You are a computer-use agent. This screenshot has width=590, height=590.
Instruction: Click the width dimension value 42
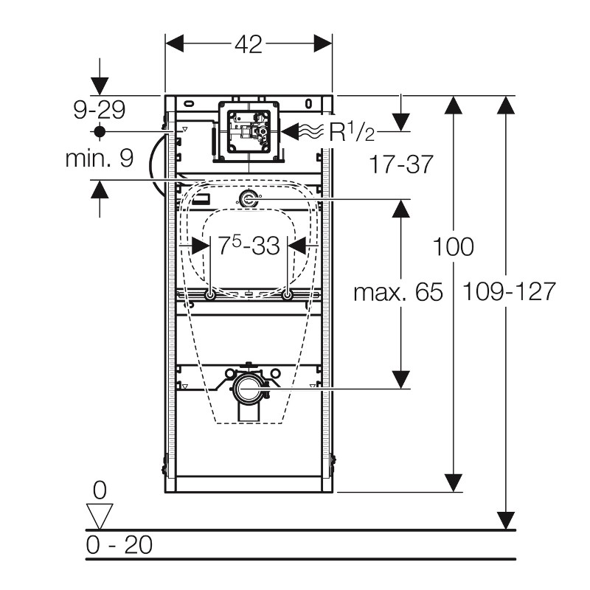[249, 44]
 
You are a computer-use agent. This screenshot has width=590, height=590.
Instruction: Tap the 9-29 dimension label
[100, 110]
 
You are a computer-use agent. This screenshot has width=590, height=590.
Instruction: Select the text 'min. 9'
[100, 158]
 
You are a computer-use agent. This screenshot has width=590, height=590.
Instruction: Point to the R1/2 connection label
[351, 133]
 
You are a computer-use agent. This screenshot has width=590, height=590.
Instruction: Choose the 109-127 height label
[509, 292]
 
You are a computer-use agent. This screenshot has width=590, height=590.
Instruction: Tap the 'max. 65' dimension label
[398, 293]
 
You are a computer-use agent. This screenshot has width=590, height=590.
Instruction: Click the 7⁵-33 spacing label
[249, 246]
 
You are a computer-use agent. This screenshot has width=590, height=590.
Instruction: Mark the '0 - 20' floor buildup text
[119, 545]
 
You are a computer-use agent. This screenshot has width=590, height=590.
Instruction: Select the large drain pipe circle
[249, 386]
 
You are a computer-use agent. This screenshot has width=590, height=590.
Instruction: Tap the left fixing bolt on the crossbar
[211, 296]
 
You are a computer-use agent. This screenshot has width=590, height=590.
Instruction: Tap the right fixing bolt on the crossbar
[288, 296]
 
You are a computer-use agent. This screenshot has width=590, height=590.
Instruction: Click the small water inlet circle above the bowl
[249, 198]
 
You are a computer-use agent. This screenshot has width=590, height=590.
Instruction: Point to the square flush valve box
[248, 130]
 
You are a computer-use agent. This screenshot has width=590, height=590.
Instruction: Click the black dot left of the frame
[100, 131]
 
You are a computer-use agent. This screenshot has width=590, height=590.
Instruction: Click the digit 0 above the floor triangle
[100, 489]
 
